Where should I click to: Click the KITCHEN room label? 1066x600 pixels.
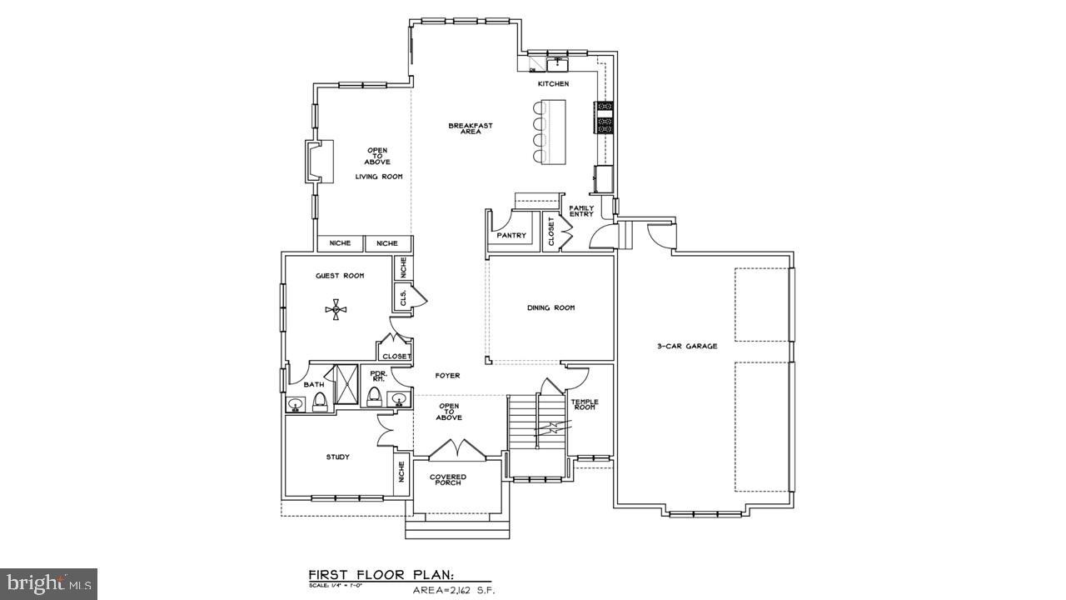pyautogui.click(x=553, y=84)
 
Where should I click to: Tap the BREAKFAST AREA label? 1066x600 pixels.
pyautogui.click(x=471, y=128)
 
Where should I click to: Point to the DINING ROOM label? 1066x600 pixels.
pyautogui.click(x=550, y=307)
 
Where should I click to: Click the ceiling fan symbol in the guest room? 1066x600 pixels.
pyautogui.click(x=337, y=310)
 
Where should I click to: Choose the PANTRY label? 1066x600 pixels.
pyautogui.click(x=511, y=236)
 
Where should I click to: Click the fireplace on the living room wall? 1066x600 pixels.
pyautogui.click(x=319, y=161)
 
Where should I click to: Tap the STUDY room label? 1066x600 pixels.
pyautogui.click(x=337, y=457)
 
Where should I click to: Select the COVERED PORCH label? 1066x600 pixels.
pyautogui.click(x=448, y=480)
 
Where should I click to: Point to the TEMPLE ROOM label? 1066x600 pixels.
pyautogui.click(x=584, y=404)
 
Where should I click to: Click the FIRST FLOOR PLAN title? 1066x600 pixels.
pyautogui.click(x=381, y=575)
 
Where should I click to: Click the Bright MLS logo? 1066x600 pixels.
pyautogui.click(x=48, y=582)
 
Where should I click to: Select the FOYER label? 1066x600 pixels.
pyautogui.click(x=447, y=375)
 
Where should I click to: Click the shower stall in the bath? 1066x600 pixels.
pyautogui.click(x=341, y=384)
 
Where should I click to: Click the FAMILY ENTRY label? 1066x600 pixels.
pyautogui.click(x=581, y=211)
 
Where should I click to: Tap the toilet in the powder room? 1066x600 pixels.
pyautogui.click(x=375, y=396)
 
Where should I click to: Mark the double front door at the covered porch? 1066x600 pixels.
pyautogui.click(x=456, y=450)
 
